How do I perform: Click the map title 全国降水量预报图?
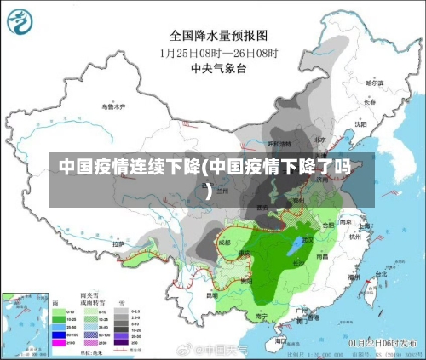coord(219,36)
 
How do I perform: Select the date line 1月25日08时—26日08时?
coord(219,52)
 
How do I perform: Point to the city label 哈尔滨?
coord(375,83)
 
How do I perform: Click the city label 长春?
coord(370,101)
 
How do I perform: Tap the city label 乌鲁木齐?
coord(113,107)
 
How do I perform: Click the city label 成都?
coord(224,242)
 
